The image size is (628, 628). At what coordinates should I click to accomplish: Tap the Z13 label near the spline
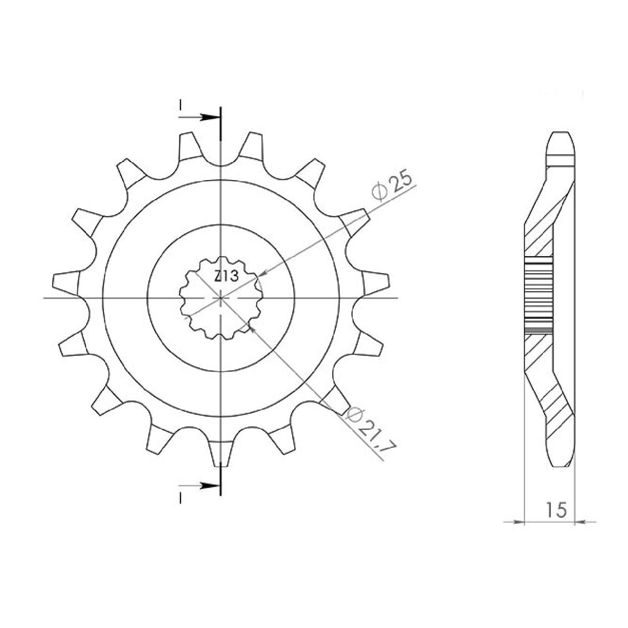click(x=227, y=277)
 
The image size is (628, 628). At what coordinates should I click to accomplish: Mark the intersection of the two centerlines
click(x=221, y=298)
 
